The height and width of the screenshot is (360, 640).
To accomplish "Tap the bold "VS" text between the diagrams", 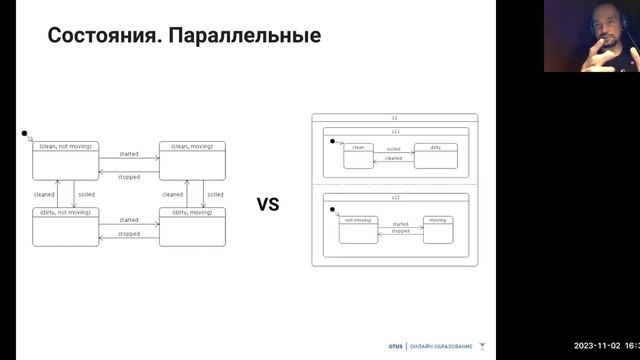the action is click(268, 205).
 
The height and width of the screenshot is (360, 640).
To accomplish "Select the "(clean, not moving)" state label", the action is click(65, 146).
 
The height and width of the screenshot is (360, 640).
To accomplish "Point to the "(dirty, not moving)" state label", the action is click(65, 212).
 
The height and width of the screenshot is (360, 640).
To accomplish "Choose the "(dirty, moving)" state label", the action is click(192, 212).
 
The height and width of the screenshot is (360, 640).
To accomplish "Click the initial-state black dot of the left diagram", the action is click(24, 132).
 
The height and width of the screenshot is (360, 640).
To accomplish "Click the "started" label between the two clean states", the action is click(129, 154).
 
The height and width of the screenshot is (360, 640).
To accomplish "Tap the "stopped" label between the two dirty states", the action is click(129, 233).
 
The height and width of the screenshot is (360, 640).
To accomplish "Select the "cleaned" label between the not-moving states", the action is click(44, 194).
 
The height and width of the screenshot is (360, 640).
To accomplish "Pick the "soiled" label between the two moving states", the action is click(215, 194).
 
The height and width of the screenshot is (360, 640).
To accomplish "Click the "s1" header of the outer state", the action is click(394, 118).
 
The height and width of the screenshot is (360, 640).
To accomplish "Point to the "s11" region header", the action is click(395, 131).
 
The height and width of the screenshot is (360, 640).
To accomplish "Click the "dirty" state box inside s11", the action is click(435, 154).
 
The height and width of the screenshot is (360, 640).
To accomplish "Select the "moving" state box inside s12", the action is click(437, 227).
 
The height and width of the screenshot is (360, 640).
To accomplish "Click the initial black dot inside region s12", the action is click(333, 210).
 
